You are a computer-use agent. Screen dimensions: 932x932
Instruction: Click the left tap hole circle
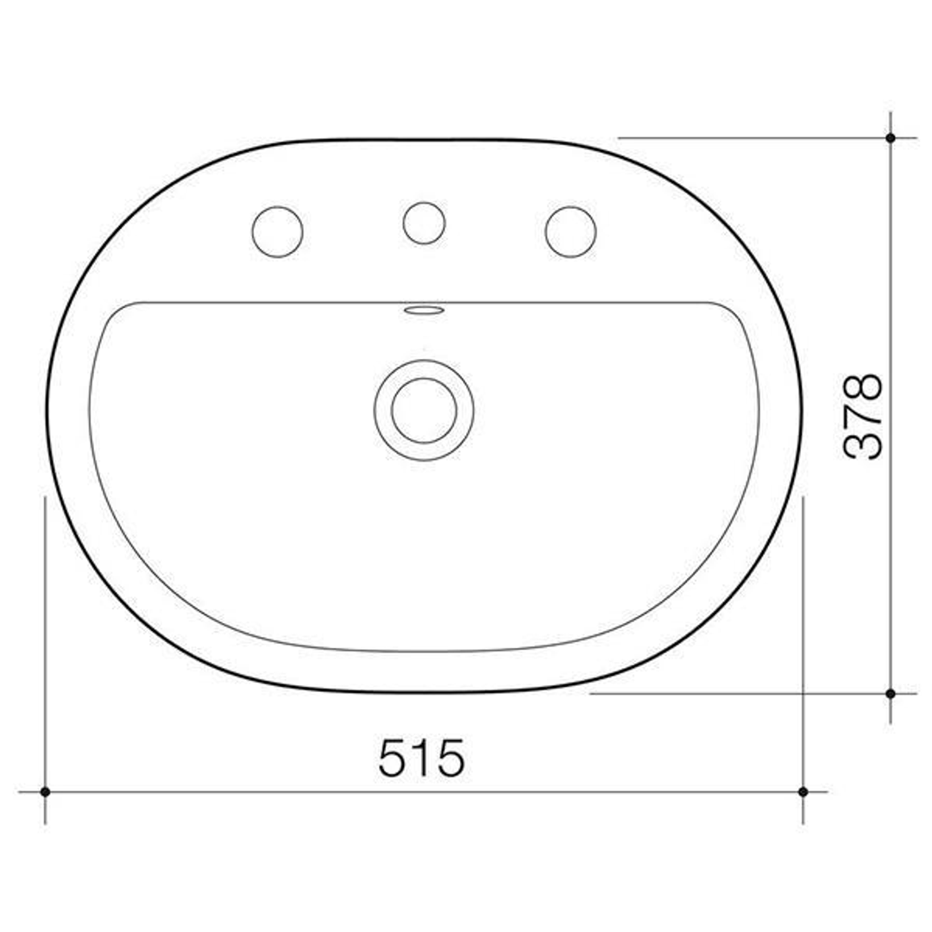tap(277, 231)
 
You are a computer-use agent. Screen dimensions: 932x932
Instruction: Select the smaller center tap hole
tap(424, 223)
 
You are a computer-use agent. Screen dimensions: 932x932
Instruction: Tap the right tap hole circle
tap(570, 231)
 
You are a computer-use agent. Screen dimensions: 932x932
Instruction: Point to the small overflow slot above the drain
tap(424, 309)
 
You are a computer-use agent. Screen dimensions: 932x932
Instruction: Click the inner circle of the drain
tap(424, 410)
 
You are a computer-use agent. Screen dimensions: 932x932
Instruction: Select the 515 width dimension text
tap(421, 758)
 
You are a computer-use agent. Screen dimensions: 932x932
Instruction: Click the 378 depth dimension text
tap(863, 416)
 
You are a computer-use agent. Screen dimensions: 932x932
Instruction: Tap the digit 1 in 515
tap(422, 758)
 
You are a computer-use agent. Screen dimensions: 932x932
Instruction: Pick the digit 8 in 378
tap(863, 387)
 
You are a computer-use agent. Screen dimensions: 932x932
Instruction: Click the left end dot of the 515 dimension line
tap(45, 791)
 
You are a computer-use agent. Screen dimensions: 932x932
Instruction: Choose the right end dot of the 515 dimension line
tap(803, 791)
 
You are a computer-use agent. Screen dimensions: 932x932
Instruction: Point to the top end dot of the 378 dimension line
tap(890, 137)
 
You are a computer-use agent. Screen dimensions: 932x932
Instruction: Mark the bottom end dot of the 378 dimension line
tap(890, 693)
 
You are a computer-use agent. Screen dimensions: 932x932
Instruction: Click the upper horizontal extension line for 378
tap(751, 137)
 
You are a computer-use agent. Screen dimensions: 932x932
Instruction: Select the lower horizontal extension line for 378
tap(734, 693)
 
